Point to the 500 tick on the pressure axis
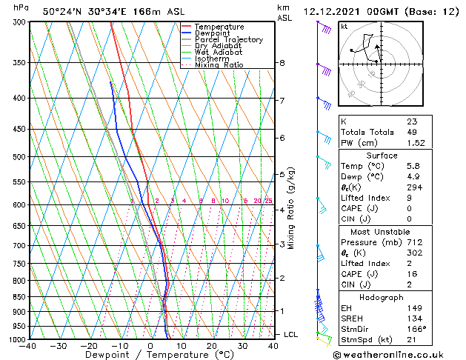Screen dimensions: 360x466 tap(16, 157)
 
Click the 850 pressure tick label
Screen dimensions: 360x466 tap(16, 297)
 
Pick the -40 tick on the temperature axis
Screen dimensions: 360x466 tap(28, 346)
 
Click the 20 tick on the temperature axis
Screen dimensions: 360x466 tap(211, 346)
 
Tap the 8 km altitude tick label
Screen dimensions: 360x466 tap(282, 63)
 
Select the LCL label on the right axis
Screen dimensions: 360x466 tap(291, 335)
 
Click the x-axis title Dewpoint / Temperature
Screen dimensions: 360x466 tap(150, 355)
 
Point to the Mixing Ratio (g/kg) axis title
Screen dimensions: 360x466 tap(291, 208)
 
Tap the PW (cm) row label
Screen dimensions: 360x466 tap(359, 143)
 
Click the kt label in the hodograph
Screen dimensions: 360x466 tap(344, 26)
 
